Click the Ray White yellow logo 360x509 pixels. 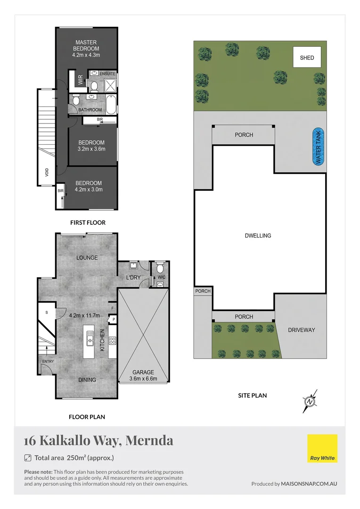pos(322,448)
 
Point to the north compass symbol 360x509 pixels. pos(311,401)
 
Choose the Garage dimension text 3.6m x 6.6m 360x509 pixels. pos(143,378)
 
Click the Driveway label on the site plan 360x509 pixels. pos(301,330)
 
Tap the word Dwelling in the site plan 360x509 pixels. pos(258,236)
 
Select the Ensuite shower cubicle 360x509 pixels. pos(109,85)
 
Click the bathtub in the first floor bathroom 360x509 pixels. pos(111,105)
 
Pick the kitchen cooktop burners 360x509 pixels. pos(113,340)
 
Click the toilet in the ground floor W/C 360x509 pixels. pos(160,265)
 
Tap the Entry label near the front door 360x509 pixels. pos(48,361)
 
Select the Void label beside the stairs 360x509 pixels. pos(47,172)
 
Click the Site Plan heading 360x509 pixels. pos(252,395)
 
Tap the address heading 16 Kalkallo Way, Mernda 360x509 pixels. pos(98,441)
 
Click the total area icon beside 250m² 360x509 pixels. pos(27,458)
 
